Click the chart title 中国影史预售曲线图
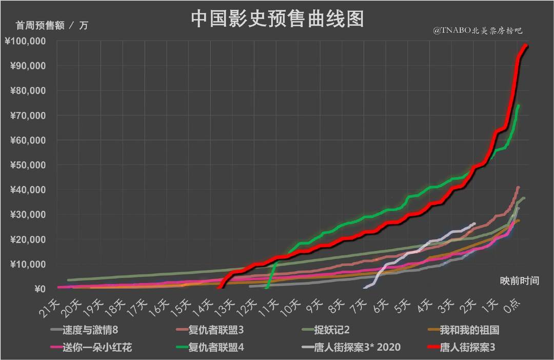[x=277, y=19]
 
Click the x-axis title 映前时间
[x=519, y=281]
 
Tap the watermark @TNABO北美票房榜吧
[x=477, y=31]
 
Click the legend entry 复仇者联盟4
[x=221, y=348]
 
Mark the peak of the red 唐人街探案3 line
[x=526, y=46]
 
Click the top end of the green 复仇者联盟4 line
[x=519, y=106]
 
